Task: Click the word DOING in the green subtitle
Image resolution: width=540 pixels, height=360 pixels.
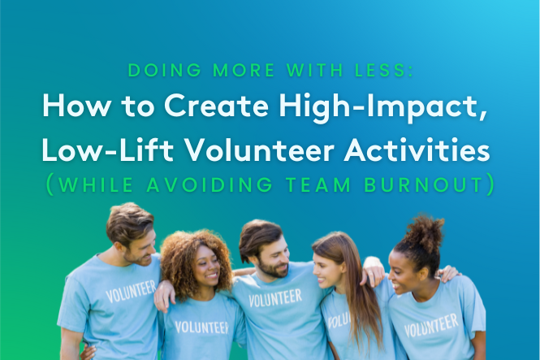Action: (165, 70)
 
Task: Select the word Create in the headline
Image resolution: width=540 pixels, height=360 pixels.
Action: (216, 106)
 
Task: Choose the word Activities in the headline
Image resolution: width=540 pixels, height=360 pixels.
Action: (417, 150)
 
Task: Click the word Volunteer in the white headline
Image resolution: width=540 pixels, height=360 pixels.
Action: (260, 150)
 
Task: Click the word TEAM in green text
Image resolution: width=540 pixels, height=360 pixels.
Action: (318, 184)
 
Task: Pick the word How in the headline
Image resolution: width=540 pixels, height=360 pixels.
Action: (76, 106)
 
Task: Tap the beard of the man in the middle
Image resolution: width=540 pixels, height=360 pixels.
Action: (273, 269)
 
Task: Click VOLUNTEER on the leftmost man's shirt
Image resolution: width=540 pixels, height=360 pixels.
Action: (131, 292)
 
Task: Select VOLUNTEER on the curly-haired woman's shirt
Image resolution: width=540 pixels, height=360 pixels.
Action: (202, 327)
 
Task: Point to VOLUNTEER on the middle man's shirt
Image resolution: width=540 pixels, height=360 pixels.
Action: (275, 298)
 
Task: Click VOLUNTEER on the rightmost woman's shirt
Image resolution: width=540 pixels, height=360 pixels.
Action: (431, 326)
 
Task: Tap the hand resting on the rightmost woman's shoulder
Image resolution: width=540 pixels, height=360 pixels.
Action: (448, 274)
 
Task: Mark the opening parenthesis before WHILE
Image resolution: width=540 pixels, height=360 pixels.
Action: (50, 184)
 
